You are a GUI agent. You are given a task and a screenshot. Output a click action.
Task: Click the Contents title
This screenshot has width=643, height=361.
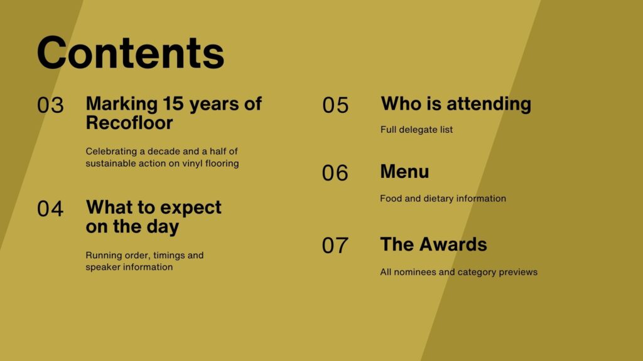[131, 53]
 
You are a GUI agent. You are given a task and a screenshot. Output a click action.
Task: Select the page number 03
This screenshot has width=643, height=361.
[50, 105]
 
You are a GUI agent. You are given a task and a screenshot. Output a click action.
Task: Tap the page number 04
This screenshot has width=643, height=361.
[50, 209]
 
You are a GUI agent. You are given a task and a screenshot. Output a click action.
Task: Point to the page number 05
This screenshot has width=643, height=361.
[335, 105]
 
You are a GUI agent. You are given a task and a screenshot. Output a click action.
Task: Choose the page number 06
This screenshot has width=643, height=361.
[335, 173]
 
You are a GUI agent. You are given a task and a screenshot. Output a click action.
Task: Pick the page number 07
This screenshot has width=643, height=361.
[335, 246]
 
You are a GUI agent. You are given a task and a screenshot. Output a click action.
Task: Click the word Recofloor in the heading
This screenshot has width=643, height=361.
[129, 123]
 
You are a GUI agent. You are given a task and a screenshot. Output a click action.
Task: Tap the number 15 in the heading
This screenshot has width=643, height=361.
[173, 103]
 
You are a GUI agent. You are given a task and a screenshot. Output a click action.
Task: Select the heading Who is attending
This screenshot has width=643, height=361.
[456, 104]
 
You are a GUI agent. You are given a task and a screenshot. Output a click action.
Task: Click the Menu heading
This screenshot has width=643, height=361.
[404, 172]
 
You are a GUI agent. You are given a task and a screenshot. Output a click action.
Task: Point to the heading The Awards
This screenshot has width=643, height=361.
[433, 244]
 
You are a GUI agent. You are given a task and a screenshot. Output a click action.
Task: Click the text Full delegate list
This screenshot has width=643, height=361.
[417, 130]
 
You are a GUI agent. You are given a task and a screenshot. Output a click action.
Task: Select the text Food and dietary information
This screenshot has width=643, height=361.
[443, 199]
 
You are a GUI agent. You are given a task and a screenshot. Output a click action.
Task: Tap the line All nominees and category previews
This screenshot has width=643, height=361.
[458, 272]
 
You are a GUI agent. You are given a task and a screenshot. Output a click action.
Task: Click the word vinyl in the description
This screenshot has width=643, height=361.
[193, 164]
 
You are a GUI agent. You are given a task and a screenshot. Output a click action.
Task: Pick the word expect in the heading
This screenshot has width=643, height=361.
[191, 208]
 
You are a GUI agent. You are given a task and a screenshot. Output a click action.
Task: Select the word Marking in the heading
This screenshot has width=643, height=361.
[121, 105]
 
